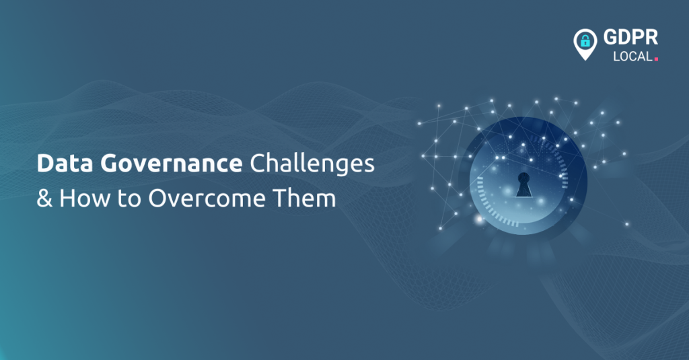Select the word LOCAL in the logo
click(632, 57)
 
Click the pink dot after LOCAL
click(656, 59)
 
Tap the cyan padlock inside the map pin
click(585, 41)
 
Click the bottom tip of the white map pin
click(585, 59)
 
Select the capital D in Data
click(43, 165)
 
